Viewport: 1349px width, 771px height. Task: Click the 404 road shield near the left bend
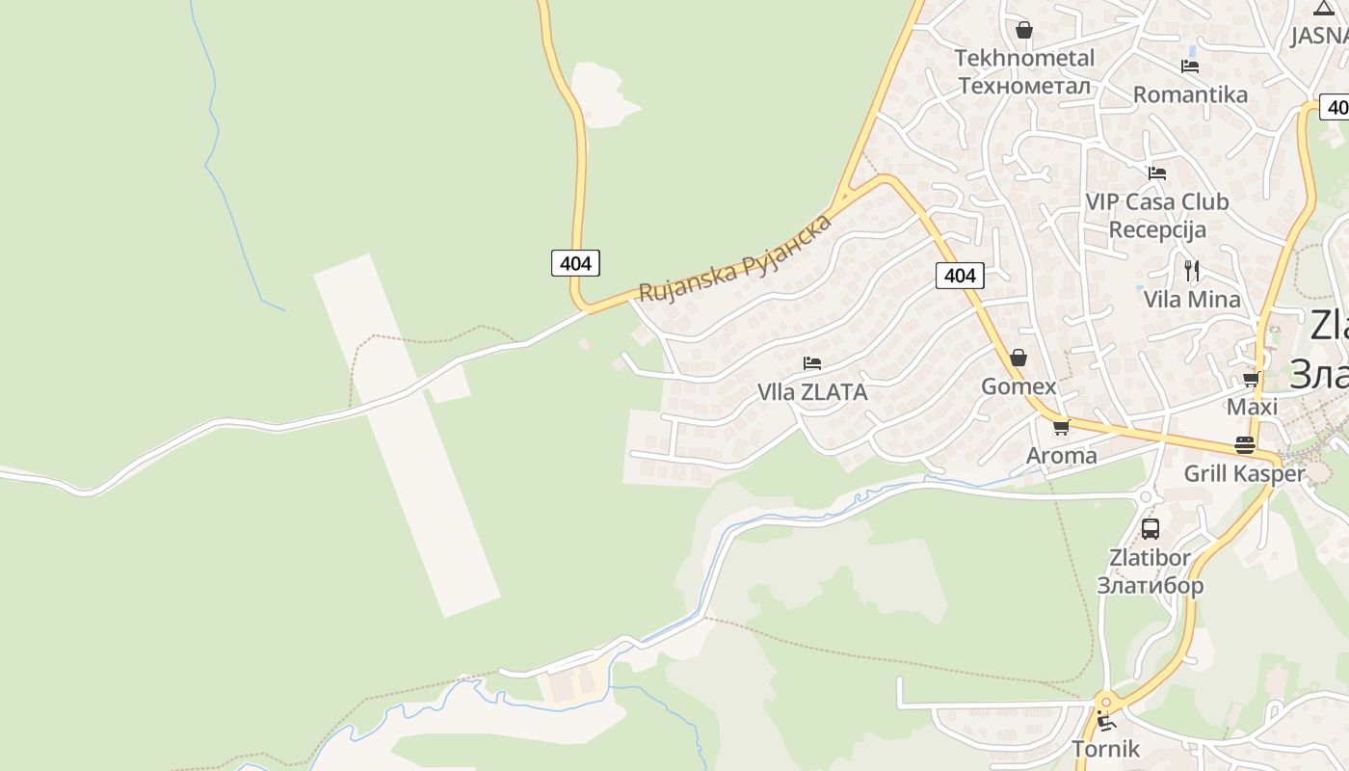[575, 262]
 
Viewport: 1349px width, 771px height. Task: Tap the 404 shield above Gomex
[960, 276]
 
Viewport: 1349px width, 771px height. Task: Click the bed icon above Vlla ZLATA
[812, 363]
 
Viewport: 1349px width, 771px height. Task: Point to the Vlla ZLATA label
[812, 392]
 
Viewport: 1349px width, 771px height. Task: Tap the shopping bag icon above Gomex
[1018, 359]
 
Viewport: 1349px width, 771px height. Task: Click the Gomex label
[1018, 386]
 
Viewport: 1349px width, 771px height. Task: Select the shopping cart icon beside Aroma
[1061, 427]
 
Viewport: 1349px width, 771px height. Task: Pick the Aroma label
[1062, 456]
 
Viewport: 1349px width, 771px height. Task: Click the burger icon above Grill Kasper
[1244, 445]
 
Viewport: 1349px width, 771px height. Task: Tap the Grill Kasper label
[1244, 473]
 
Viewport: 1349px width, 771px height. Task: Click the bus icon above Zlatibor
[1151, 528]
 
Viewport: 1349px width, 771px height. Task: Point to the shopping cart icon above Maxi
[1252, 379]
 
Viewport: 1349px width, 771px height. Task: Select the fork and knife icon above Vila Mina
[1192, 271]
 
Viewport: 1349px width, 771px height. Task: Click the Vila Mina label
[1192, 299]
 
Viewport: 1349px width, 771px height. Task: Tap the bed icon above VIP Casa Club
[1157, 173]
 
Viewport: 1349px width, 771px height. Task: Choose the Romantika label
[1190, 94]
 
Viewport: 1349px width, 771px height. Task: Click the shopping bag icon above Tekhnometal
[1024, 30]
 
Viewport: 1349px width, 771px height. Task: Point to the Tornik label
[1106, 748]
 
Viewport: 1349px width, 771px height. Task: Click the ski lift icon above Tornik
[1106, 720]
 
